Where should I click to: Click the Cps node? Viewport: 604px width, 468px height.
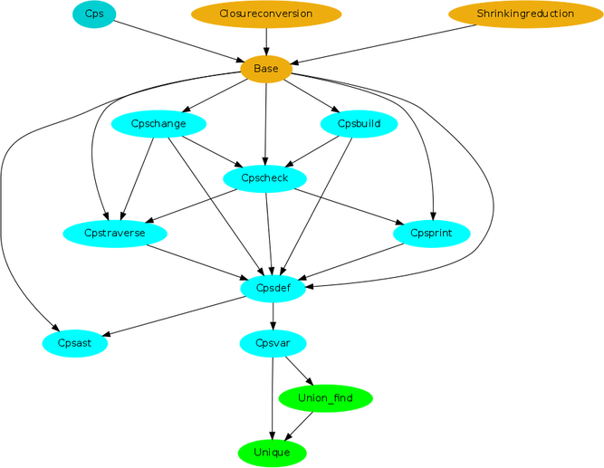pyautogui.click(x=94, y=14)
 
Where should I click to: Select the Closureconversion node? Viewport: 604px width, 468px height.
pyautogui.click(x=266, y=14)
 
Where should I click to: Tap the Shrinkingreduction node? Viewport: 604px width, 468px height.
pyautogui.click(x=526, y=14)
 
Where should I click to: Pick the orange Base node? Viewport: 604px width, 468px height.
pyautogui.click(x=266, y=70)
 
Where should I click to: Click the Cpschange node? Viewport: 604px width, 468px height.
pyautogui.click(x=158, y=124)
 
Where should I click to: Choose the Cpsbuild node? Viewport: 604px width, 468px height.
pyautogui.click(x=359, y=124)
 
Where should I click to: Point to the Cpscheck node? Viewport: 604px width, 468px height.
pyautogui.click(x=265, y=178)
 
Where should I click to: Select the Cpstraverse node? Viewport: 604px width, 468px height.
pyautogui.click(x=115, y=234)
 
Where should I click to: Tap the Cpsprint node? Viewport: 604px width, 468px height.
pyautogui.click(x=431, y=234)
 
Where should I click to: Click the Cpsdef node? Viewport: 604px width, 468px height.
pyautogui.click(x=273, y=289)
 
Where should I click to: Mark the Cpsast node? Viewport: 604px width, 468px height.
pyautogui.click(x=75, y=344)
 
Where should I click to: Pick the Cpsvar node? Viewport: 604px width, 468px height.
pyautogui.click(x=273, y=344)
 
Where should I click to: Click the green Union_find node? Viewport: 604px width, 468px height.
pyautogui.click(x=325, y=398)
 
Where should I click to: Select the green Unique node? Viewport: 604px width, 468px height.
pyautogui.click(x=273, y=453)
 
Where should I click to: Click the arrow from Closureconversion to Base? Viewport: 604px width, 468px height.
pyautogui.click(x=266, y=42)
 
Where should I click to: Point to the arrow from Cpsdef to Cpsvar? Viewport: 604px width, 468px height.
pyautogui.click(x=273, y=316)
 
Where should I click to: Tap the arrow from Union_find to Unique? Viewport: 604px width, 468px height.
pyautogui.click(x=299, y=426)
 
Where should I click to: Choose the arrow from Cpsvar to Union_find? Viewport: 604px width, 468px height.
pyautogui.click(x=300, y=371)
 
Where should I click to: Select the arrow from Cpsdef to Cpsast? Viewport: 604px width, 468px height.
pyautogui.click(x=174, y=316)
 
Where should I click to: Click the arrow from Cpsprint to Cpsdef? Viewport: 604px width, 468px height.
pyautogui.click(x=351, y=262)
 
